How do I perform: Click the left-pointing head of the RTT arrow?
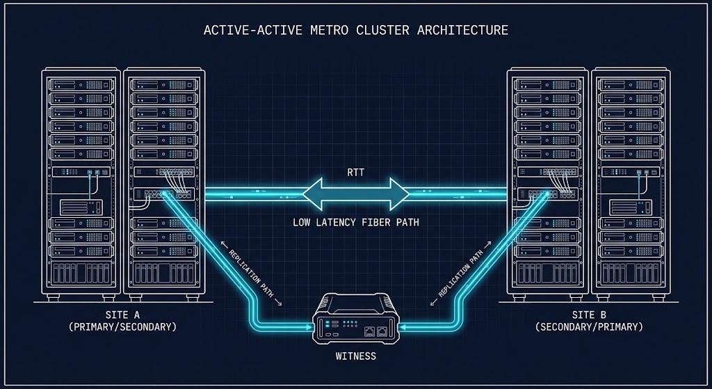coord(317,193)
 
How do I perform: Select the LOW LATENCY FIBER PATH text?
coord(355,223)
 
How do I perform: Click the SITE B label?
coord(589,315)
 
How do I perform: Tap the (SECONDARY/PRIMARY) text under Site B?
coord(589,326)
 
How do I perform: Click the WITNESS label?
coord(355,356)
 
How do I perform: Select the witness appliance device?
coord(355,321)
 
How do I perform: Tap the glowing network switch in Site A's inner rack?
coord(164,194)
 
